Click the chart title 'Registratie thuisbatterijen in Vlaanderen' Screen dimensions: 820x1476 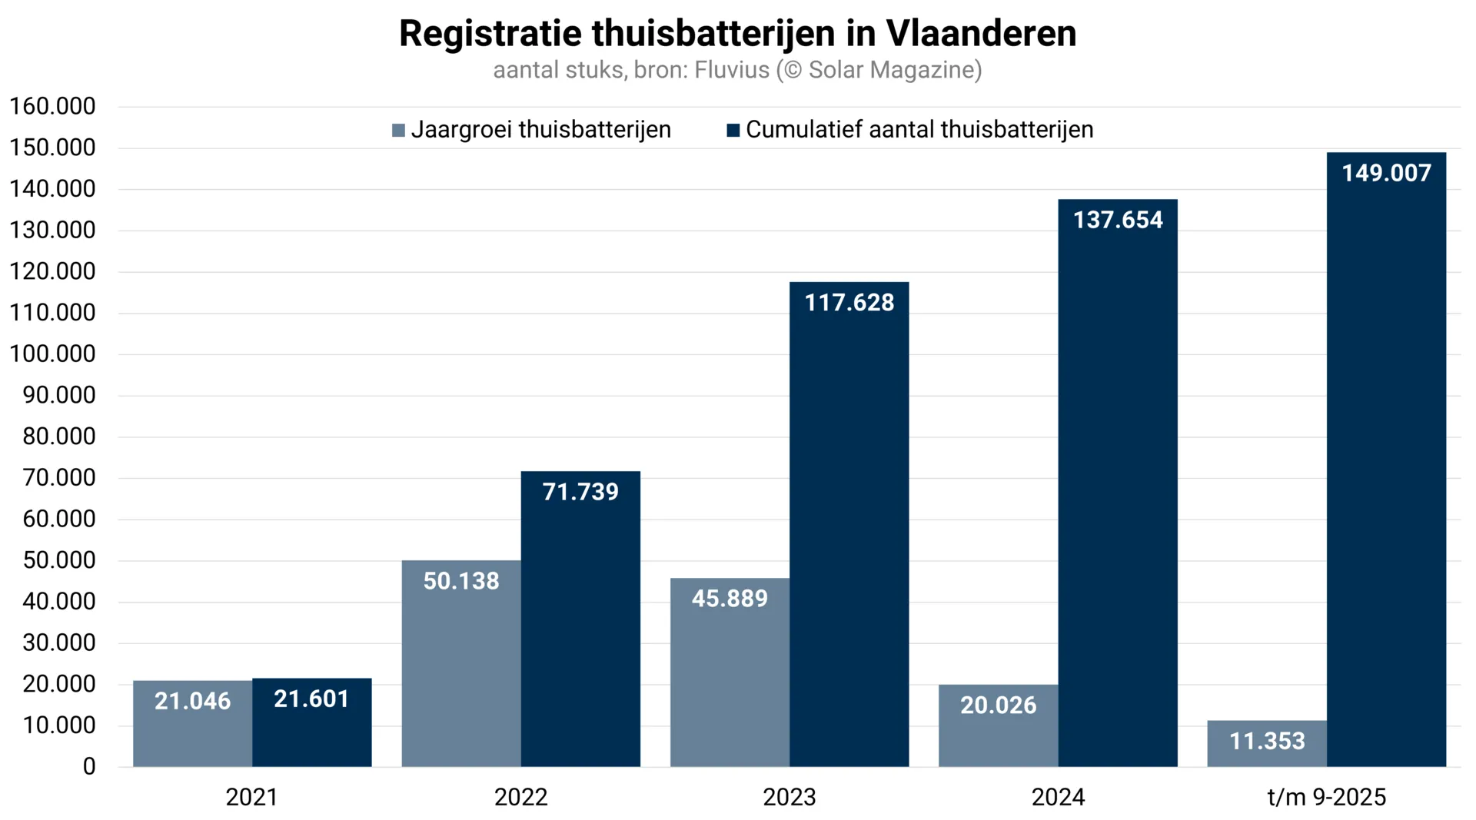pyautogui.click(x=737, y=34)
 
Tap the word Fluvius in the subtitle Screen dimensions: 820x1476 pyautogui.click(x=731, y=70)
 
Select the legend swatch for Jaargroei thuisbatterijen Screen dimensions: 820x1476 pyautogui.click(x=398, y=130)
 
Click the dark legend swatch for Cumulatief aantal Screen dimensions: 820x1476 pyautogui.click(x=733, y=130)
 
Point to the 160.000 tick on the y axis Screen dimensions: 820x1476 pyautogui.click(x=52, y=106)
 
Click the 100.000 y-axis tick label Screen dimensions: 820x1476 pyautogui.click(x=52, y=354)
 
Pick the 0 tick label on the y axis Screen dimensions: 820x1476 pyautogui.click(x=89, y=766)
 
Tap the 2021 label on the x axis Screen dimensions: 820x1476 pyautogui.click(x=251, y=797)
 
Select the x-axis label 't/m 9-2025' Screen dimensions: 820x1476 pyautogui.click(x=1326, y=797)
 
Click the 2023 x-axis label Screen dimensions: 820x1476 pyautogui.click(x=789, y=797)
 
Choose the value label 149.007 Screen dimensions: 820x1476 pyautogui.click(x=1386, y=173)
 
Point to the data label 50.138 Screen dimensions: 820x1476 pyautogui.click(x=461, y=581)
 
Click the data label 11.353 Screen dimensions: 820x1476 pyautogui.click(x=1267, y=741)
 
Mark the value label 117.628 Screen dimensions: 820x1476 pyautogui.click(x=849, y=303)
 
